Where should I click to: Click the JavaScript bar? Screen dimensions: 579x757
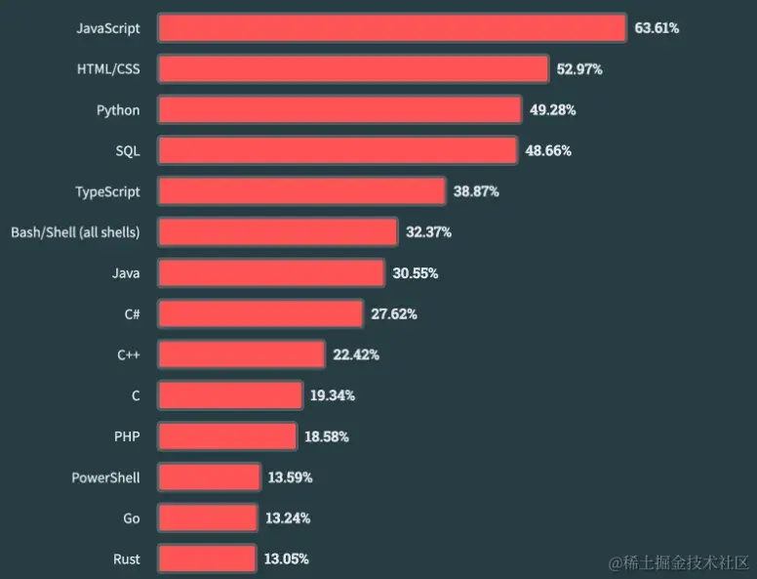391,28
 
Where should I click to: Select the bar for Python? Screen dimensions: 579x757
339,110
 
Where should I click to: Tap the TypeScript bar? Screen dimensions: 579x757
301,191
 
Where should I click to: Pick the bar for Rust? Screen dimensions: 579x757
207,559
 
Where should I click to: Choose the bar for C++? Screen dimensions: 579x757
241,354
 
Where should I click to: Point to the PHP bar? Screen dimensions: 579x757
226,436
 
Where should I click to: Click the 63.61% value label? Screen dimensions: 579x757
657,28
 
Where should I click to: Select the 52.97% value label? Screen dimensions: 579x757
579,69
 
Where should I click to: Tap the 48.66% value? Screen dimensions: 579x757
548,151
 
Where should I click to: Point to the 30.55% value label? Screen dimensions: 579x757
416,273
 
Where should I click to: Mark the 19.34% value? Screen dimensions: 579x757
333,395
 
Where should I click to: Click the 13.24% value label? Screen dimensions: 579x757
288,518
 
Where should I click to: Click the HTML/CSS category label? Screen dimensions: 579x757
108,69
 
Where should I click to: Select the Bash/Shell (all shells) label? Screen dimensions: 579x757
75,232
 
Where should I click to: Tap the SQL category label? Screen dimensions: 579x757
127,151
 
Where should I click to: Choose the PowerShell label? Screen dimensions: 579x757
105,477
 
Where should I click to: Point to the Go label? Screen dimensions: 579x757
132,518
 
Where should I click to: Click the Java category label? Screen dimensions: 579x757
126,273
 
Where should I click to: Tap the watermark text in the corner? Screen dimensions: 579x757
679,562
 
